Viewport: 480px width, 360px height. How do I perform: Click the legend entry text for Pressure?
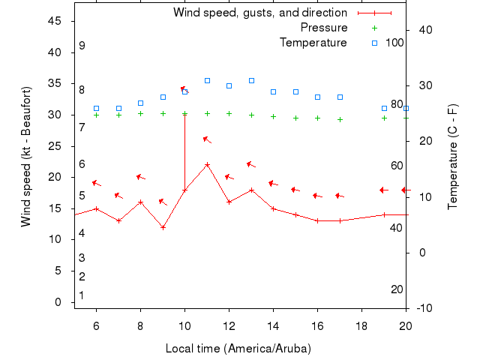tap(324, 28)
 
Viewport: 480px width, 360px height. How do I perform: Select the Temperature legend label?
tap(313, 43)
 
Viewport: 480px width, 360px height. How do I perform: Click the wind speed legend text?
tap(260, 13)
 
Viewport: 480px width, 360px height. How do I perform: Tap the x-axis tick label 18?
tap(361, 325)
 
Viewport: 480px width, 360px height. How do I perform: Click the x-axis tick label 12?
tap(229, 325)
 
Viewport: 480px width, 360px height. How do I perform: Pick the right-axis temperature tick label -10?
tap(422, 308)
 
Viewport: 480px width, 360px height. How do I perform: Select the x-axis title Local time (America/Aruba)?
tap(238, 349)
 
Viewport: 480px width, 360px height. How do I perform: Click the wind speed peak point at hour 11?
tap(207, 164)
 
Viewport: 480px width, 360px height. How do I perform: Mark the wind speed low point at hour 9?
tap(163, 227)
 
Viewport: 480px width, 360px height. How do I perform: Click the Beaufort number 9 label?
tap(82, 46)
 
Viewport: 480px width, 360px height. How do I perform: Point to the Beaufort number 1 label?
tap(82, 295)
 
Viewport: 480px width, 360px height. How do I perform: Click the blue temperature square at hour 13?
tap(251, 80)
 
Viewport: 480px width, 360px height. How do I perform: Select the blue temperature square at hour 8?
tap(140, 103)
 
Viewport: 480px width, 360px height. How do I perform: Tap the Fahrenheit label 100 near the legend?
tap(394, 43)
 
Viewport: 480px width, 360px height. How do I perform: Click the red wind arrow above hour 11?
tap(208, 139)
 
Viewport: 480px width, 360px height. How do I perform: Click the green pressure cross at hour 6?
tap(96, 115)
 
